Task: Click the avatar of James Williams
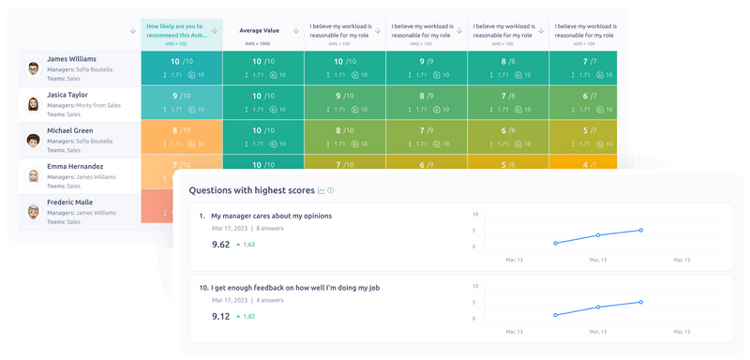click(33, 68)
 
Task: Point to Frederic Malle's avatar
click(33, 211)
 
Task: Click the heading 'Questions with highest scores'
click(251, 190)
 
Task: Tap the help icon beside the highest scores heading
click(330, 191)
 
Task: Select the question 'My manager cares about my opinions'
click(271, 216)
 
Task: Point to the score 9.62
click(221, 244)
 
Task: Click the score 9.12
click(221, 316)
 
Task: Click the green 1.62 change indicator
click(245, 245)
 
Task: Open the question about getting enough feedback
click(299, 287)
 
